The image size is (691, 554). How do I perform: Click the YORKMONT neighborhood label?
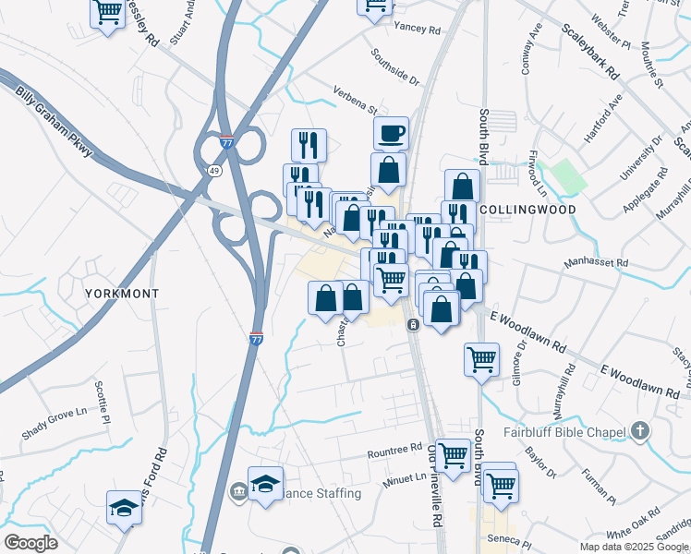pyautogui.click(x=122, y=293)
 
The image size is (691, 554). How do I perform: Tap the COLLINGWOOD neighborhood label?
pyautogui.click(x=527, y=210)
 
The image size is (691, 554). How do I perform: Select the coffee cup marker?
pyautogui.click(x=391, y=133)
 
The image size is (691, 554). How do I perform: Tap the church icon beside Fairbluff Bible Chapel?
pyautogui.click(x=639, y=431)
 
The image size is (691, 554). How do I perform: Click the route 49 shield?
pyautogui.click(x=214, y=171)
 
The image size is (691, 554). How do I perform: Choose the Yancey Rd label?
pyautogui.click(x=417, y=29)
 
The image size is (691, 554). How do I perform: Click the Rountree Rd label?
pyautogui.click(x=394, y=453)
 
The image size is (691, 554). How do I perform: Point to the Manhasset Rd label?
pyautogui.click(x=597, y=263)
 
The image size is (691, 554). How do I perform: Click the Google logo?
pyautogui.click(x=30, y=543)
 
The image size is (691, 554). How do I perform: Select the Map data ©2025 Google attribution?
pyautogui.click(x=634, y=547)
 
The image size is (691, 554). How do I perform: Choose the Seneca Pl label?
pyautogui.click(x=513, y=543)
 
